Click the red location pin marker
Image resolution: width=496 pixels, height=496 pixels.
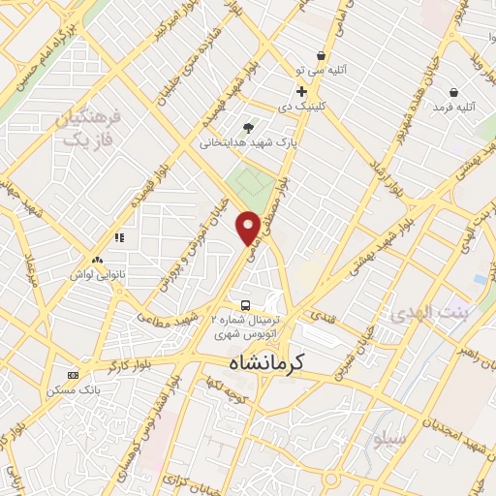click(248, 226)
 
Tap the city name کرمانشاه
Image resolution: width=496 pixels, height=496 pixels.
click(266, 361)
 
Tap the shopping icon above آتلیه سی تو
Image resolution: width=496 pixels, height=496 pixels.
click(321, 55)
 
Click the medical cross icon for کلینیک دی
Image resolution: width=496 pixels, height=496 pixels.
click(302, 91)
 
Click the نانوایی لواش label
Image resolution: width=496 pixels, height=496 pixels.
click(97, 274)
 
